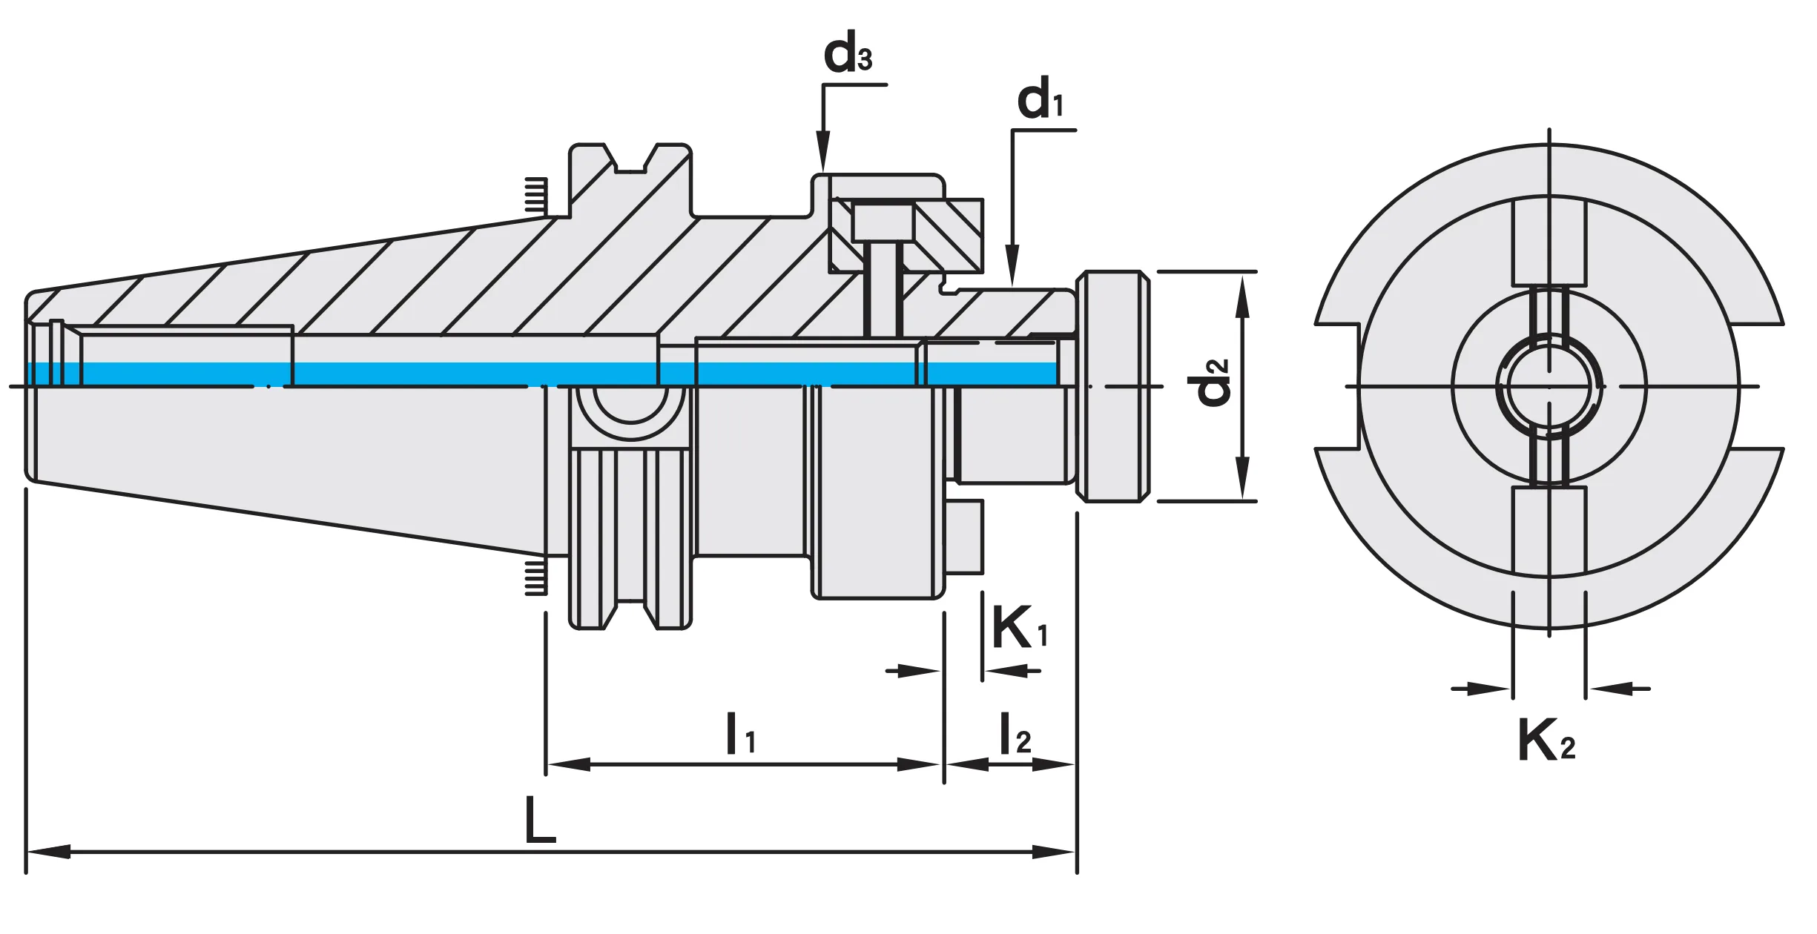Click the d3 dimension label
(x=847, y=54)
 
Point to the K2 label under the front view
(x=1546, y=741)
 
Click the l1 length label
(x=739, y=734)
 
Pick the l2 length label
(x=1015, y=734)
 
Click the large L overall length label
(x=539, y=821)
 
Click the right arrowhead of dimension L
(x=1055, y=852)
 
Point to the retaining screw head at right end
(x=1112, y=386)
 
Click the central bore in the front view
(x=1549, y=386)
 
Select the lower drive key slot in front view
(x=1549, y=530)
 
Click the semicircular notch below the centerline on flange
(x=630, y=411)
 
